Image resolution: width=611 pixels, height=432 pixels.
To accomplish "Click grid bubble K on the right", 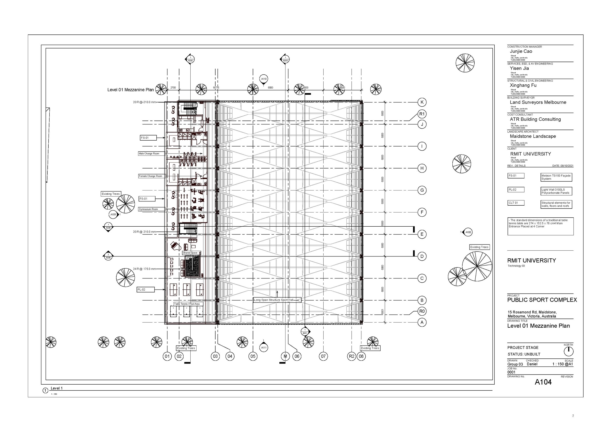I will pos(422,102).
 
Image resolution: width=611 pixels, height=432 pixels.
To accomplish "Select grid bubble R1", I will pos(422,114).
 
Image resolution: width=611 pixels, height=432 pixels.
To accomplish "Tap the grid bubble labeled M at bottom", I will pos(285,356).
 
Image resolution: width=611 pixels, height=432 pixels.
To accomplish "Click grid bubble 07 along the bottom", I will pos(323,356).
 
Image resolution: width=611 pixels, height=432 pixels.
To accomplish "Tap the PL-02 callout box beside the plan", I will pos(146,290).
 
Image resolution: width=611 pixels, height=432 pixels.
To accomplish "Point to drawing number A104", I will pos(543,382).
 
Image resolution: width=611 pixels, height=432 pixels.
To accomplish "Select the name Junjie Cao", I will pos(521,51).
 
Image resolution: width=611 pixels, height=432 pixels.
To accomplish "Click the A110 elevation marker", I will pos(264,79).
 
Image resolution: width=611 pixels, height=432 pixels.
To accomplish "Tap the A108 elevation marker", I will pos(468,232).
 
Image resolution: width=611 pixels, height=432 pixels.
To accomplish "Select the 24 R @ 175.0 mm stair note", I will pos(144,269).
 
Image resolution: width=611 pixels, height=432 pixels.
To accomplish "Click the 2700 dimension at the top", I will pos(173,88).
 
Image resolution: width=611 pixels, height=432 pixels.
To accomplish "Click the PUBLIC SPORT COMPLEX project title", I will pos(542,300).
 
